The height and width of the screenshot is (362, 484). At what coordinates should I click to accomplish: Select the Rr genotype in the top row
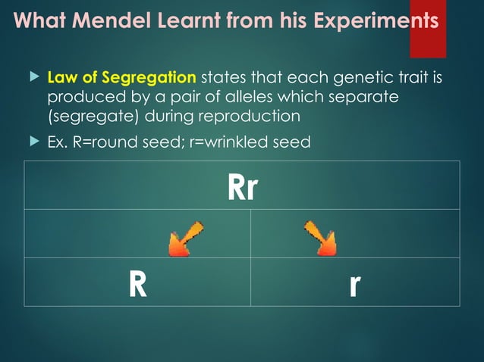click(x=242, y=186)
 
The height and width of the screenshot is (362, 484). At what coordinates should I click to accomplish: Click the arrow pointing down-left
click(x=186, y=239)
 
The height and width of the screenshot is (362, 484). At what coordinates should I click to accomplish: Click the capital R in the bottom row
click(x=137, y=284)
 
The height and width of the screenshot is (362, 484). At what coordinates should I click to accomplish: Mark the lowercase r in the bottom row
click(x=354, y=284)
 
